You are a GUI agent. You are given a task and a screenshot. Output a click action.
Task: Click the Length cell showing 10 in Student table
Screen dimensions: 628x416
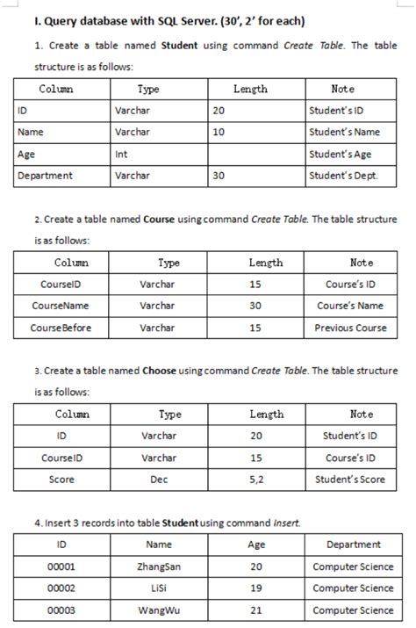pyautogui.click(x=219, y=132)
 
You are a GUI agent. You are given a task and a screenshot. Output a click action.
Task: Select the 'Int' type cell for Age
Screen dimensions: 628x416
pyautogui.click(x=122, y=154)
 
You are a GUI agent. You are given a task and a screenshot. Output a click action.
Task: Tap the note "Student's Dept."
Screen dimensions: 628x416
pyautogui.click(x=343, y=176)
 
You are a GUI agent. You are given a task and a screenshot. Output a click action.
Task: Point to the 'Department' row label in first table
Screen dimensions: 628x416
pyautogui.click(x=46, y=176)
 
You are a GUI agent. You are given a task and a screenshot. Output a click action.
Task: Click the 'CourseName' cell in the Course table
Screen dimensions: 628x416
pyautogui.click(x=60, y=306)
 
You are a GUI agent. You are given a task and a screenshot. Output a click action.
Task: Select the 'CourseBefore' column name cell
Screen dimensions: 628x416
pyautogui.click(x=60, y=328)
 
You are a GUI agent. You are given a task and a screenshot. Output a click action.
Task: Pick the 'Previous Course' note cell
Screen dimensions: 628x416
pyautogui.click(x=350, y=328)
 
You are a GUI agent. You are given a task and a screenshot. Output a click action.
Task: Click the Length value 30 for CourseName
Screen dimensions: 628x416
pyautogui.click(x=255, y=306)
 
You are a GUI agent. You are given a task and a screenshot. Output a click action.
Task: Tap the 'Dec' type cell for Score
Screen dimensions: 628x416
pyautogui.click(x=159, y=480)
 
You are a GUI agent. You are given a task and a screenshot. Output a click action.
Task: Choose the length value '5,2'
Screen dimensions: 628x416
pyautogui.click(x=256, y=480)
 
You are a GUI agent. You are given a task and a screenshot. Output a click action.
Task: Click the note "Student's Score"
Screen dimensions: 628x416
pyautogui.click(x=350, y=480)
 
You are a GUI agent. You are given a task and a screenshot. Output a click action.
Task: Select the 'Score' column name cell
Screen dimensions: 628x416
pyautogui.click(x=61, y=480)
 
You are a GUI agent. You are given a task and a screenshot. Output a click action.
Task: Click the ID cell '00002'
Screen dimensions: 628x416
pyautogui.click(x=61, y=588)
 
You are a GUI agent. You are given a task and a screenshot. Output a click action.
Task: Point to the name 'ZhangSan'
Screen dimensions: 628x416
pyautogui.click(x=159, y=567)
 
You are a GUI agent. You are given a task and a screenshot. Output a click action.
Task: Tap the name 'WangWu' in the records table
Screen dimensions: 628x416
pyautogui.click(x=159, y=610)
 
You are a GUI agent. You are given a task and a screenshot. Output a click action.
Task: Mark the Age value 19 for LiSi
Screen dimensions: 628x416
pyautogui.click(x=256, y=588)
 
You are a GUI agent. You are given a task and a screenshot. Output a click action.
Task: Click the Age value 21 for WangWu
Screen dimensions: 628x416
pyautogui.click(x=256, y=610)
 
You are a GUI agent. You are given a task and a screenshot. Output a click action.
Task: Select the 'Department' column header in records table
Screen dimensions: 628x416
pyautogui.click(x=353, y=545)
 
